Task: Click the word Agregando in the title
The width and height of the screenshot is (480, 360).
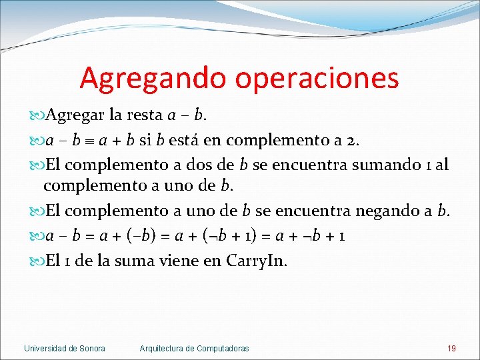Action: click(153, 79)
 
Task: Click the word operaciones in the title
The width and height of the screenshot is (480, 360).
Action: click(317, 79)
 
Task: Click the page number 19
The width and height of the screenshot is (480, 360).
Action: click(451, 348)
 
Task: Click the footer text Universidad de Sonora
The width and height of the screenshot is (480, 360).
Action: click(65, 348)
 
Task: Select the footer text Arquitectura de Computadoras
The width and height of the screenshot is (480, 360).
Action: click(194, 348)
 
